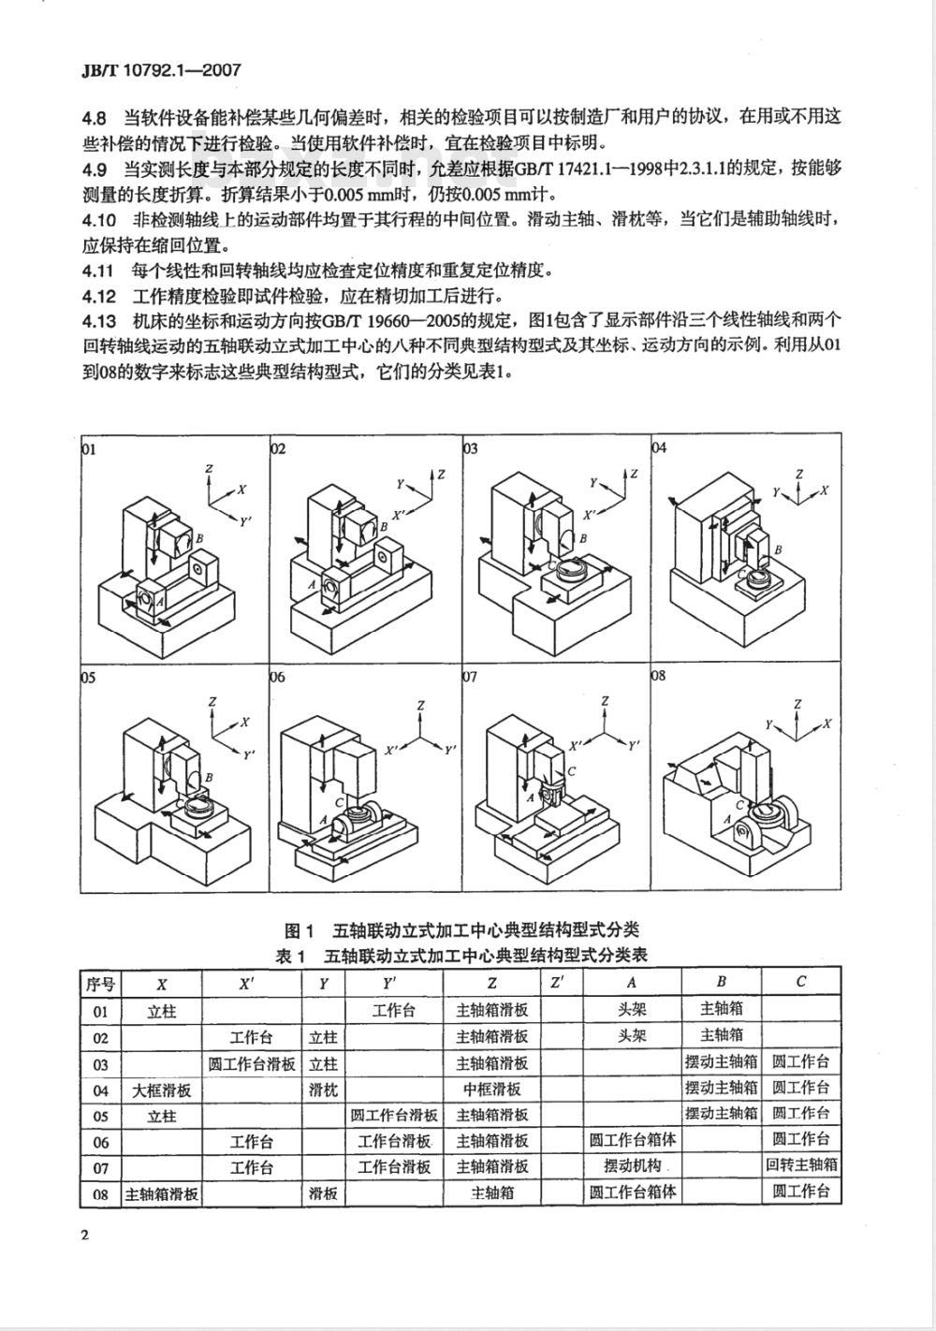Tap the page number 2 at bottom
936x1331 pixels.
(x=84, y=1237)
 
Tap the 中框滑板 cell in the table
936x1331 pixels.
(x=491, y=1090)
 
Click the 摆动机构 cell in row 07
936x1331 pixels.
(x=633, y=1166)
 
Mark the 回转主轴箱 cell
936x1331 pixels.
(x=801, y=1166)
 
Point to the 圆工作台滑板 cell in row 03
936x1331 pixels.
(x=252, y=1063)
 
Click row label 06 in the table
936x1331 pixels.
(x=100, y=1142)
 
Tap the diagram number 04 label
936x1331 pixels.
(x=659, y=447)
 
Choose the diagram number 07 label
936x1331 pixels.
(x=470, y=676)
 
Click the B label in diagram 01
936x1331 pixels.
(x=198, y=538)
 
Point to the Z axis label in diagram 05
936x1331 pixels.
(x=213, y=701)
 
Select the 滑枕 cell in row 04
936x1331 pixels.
(x=324, y=1090)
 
